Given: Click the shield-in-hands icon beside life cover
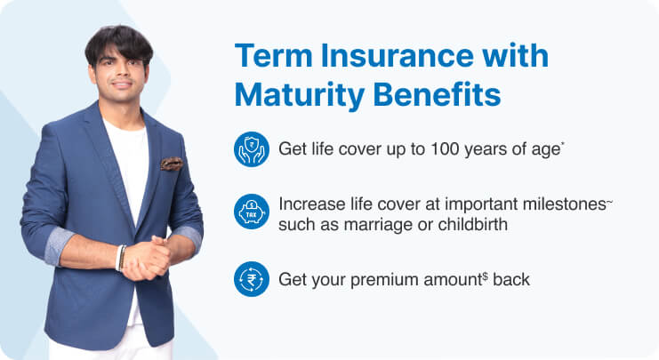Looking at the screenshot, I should tap(251, 148).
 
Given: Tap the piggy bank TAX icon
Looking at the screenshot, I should tap(251, 213).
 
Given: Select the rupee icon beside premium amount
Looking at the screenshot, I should tap(251, 279).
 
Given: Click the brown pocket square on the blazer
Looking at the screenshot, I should tap(171, 164).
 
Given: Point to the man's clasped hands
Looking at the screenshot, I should tap(148, 259).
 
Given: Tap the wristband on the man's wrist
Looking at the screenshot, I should tap(120, 257).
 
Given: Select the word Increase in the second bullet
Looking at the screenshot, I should tap(307, 204).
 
